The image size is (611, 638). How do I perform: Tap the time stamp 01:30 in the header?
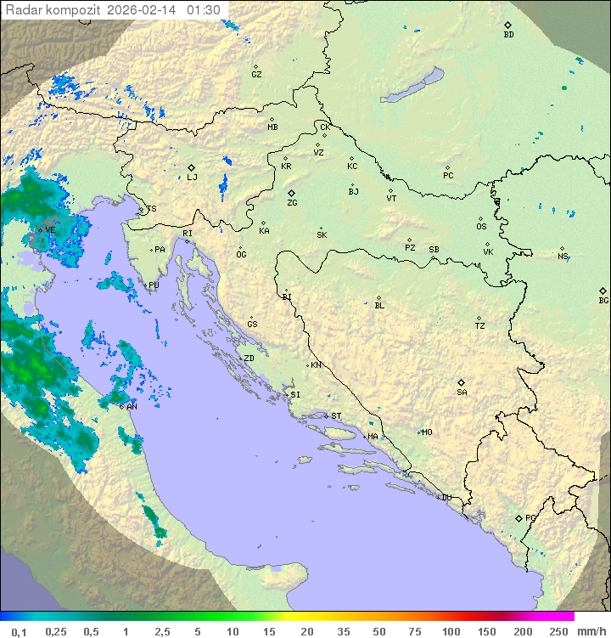pos(204,10)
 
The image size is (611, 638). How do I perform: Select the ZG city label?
pos(292,203)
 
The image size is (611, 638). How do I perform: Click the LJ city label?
pos(192,178)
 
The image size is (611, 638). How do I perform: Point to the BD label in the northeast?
pos(508,35)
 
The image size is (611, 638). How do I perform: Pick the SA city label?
pos(462,392)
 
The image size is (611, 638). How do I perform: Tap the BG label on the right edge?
pos(603,301)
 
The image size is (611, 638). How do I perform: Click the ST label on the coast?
pos(336,416)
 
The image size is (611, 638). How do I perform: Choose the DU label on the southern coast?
pos(446,498)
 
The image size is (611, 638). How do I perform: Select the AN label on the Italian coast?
pos(132,407)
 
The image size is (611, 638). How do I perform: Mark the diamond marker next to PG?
pos(519,517)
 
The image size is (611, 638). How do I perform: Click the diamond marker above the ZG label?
pos(291,194)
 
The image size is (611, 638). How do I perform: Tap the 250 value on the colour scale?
pos(558,631)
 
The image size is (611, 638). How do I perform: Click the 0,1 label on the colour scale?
pos(19,631)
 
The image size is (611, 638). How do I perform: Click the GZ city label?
pos(256,75)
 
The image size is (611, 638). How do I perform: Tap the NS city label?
pos(563,257)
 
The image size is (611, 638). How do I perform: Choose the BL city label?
pos(379,306)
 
